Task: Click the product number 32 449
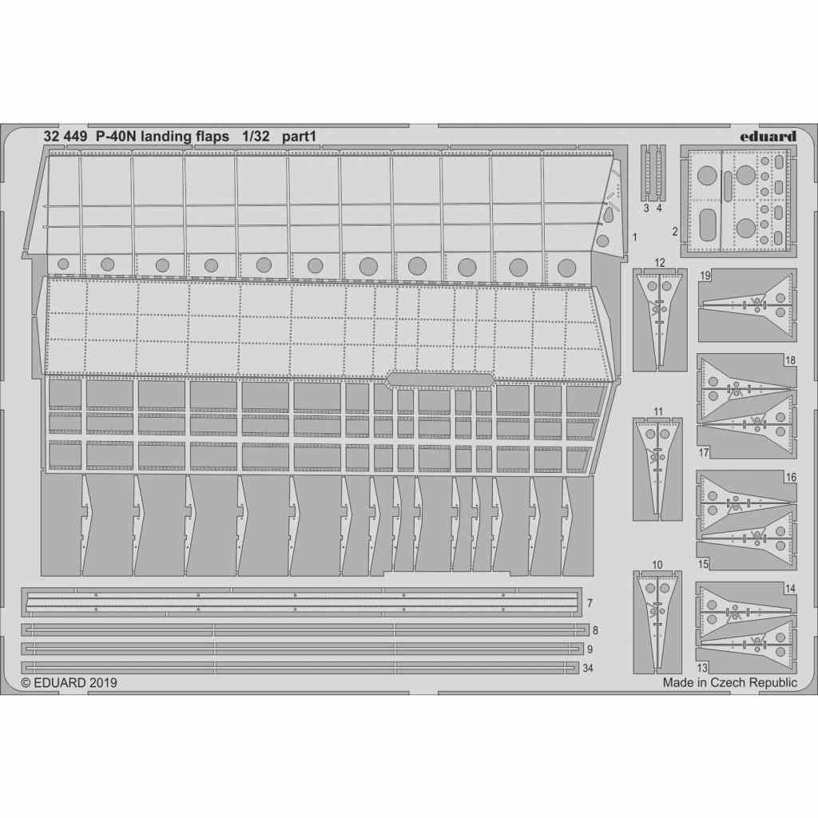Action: click(65, 136)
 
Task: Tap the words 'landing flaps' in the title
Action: click(185, 136)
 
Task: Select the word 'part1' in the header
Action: click(300, 136)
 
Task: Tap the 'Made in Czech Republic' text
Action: click(729, 683)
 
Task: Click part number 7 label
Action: click(589, 602)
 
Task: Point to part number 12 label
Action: click(659, 262)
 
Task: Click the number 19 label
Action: click(706, 276)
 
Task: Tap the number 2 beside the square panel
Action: click(675, 232)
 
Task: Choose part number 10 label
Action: click(657, 565)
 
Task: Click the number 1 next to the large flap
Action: click(633, 237)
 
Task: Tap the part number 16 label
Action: click(791, 478)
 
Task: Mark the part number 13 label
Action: click(702, 667)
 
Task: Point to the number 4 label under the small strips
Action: click(659, 208)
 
